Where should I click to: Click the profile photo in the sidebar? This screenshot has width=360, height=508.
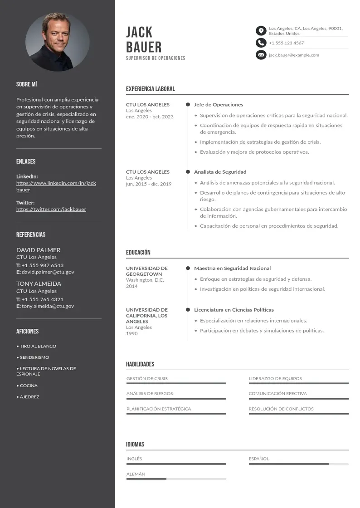[x=57, y=42]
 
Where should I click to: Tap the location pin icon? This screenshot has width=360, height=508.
[x=261, y=31]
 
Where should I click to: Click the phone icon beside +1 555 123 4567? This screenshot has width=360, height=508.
[x=261, y=43]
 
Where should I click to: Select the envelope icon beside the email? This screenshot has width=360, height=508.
[x=261, y=55]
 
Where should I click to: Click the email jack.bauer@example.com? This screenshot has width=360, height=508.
[x=294, y=55]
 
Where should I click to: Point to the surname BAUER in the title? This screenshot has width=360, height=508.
[x=143, y=47]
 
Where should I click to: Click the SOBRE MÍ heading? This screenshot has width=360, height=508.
[x=27, y=84]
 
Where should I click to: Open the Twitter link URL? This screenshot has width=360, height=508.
[x=51, y=210]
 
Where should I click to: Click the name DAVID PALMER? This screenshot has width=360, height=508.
[x=38, y=250]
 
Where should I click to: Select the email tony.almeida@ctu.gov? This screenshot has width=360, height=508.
[x=48, y=306]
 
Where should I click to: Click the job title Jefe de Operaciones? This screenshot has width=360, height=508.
[x=219, y=105]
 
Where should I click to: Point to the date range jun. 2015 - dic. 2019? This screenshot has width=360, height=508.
[x=149, y=184]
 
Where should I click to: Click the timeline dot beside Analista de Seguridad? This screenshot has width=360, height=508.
[x=188, y=172]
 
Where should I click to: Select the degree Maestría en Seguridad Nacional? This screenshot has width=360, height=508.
[x=232, y=269]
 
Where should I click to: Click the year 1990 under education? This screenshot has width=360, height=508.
[x=131, y=334]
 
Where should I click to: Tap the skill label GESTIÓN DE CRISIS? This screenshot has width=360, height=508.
[x=147, y=379]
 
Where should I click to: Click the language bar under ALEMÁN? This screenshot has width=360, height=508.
[x=176, y=479]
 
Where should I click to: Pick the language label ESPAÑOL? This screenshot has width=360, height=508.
[x=259, y=459]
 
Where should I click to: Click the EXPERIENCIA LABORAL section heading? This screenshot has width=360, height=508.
[x=150, y=89]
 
